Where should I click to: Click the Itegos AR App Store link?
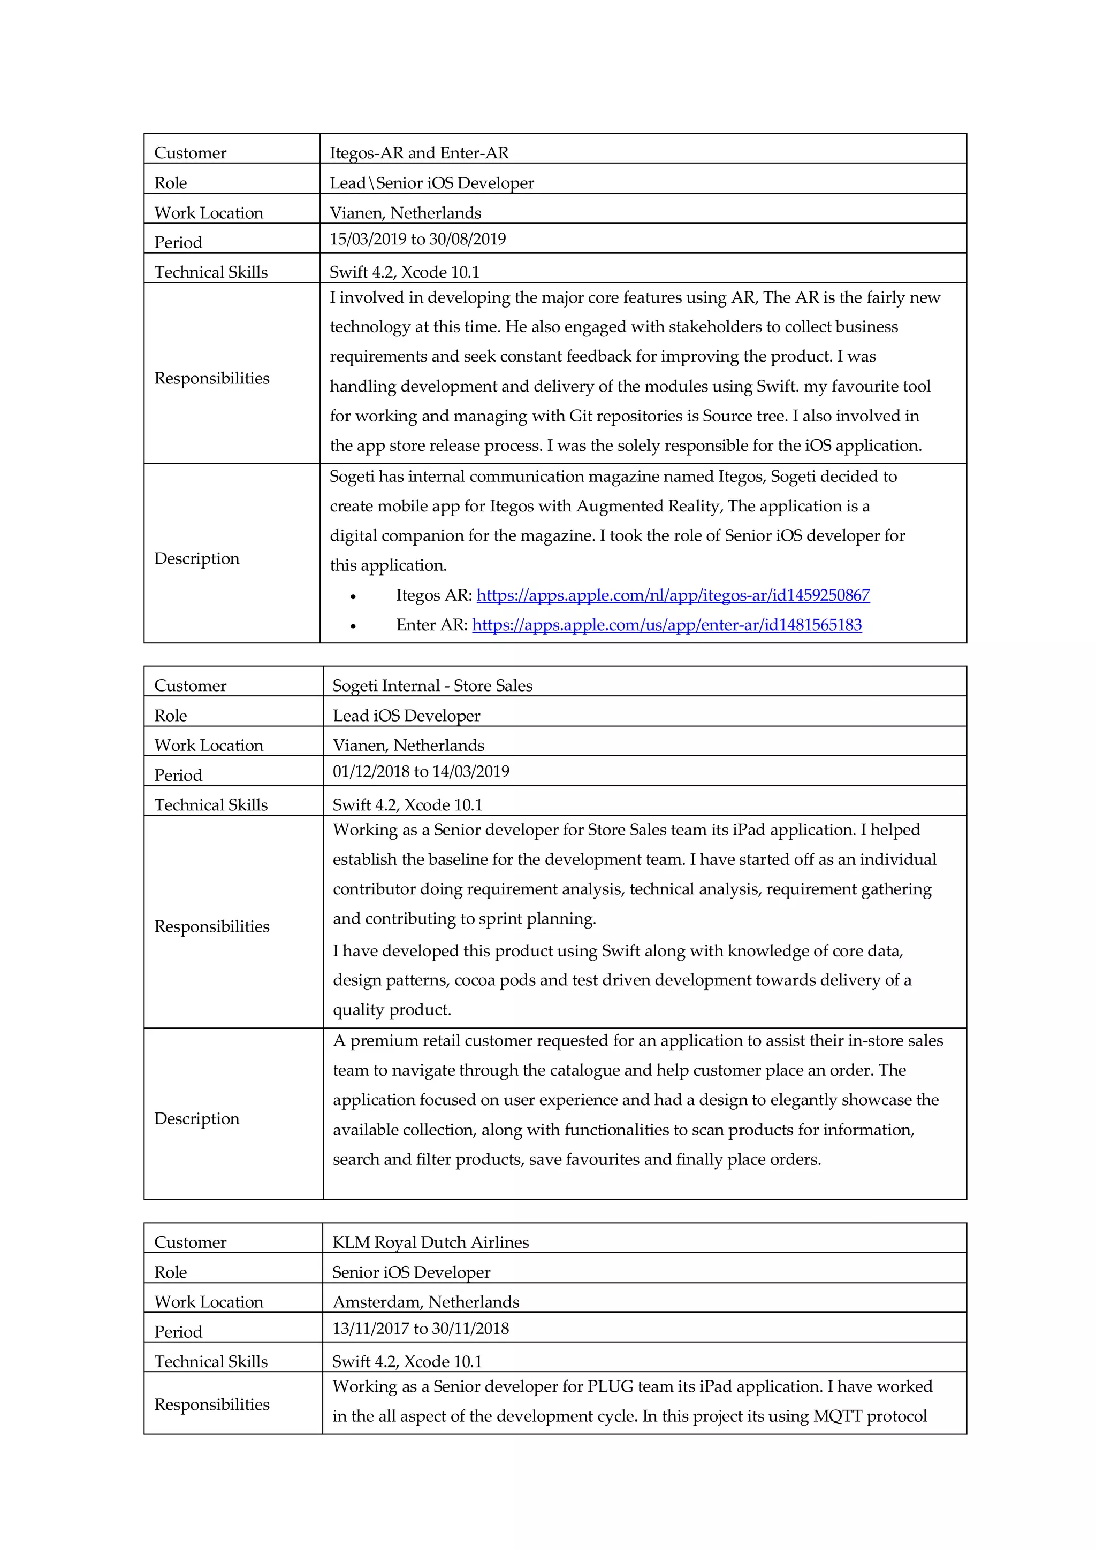673,595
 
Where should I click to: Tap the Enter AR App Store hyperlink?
666,625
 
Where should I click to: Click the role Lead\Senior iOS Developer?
431,182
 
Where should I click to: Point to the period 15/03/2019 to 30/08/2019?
417,239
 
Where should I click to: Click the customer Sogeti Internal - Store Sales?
432,685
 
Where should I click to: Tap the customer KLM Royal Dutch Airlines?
430,1241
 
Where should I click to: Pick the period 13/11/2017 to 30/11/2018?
420,1328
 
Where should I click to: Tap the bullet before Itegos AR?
353,596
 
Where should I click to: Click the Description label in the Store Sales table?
196,1118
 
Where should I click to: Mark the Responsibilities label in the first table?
211,378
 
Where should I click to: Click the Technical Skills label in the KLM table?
211,1361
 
